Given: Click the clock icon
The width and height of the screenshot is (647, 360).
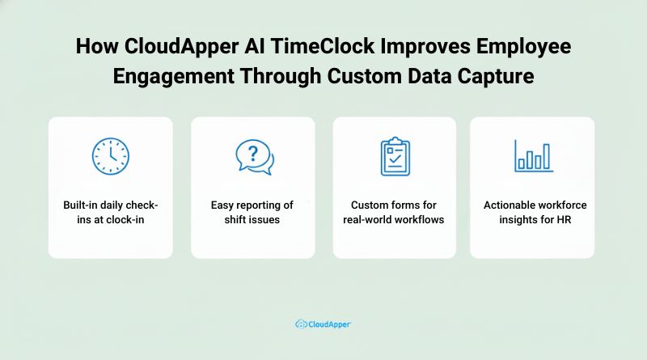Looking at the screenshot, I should pos(110,157).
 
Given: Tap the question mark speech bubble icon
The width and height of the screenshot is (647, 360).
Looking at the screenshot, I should pos(253,157).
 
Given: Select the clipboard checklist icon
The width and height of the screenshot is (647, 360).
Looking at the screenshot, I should pos(395,157).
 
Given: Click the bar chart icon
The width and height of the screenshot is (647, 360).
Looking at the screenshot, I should pos(534,155).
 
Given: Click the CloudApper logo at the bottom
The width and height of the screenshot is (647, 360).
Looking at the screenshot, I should pos(323,324).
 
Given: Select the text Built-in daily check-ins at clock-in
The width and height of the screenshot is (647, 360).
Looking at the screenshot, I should pos(110,212).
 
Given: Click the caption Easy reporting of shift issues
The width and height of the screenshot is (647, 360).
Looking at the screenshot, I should pos(252,212).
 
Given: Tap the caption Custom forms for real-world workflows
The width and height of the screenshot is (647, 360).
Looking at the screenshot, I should pos(395,212).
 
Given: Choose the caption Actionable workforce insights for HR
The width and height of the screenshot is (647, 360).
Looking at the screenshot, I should pos(532,212).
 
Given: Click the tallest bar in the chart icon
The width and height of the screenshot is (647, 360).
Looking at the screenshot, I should pos(546,156).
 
